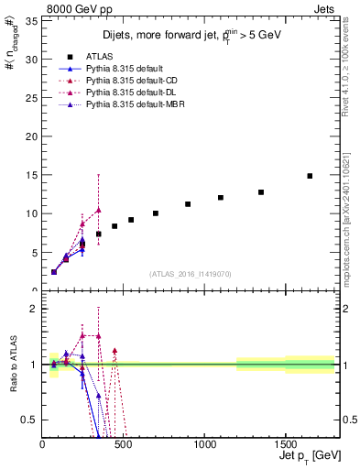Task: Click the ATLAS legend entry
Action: point(99,58)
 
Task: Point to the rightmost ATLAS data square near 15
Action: point(310,176)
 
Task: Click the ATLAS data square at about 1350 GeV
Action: point(261,192)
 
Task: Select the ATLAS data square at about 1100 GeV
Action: point(221,198)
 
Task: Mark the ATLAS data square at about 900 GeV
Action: point(188,204)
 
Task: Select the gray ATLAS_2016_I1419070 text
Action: point(190,273)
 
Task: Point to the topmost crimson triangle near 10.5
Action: point(98,210)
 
